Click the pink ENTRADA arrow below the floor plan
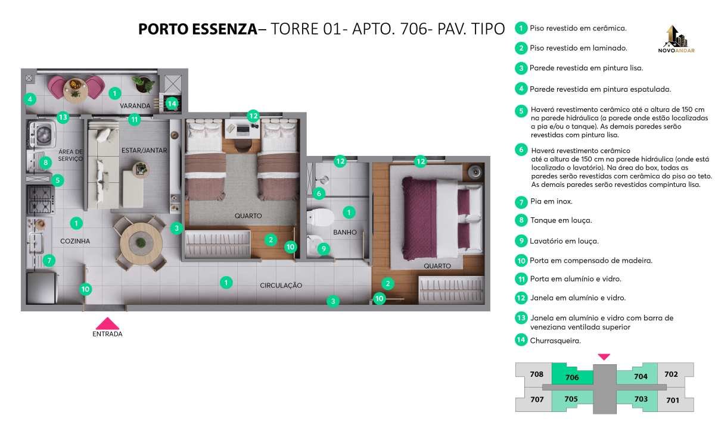108,323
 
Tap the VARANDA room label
135,105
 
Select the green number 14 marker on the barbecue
172,104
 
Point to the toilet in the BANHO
320,217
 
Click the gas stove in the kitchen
41,200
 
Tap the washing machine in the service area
43,133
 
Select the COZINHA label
75,241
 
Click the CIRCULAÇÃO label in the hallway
281,286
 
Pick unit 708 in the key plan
537,374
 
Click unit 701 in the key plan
673,400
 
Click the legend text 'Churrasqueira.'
555,340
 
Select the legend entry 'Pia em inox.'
551,201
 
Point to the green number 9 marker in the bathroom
324,249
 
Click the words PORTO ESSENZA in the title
198,29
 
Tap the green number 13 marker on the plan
63,117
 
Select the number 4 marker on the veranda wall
30,99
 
